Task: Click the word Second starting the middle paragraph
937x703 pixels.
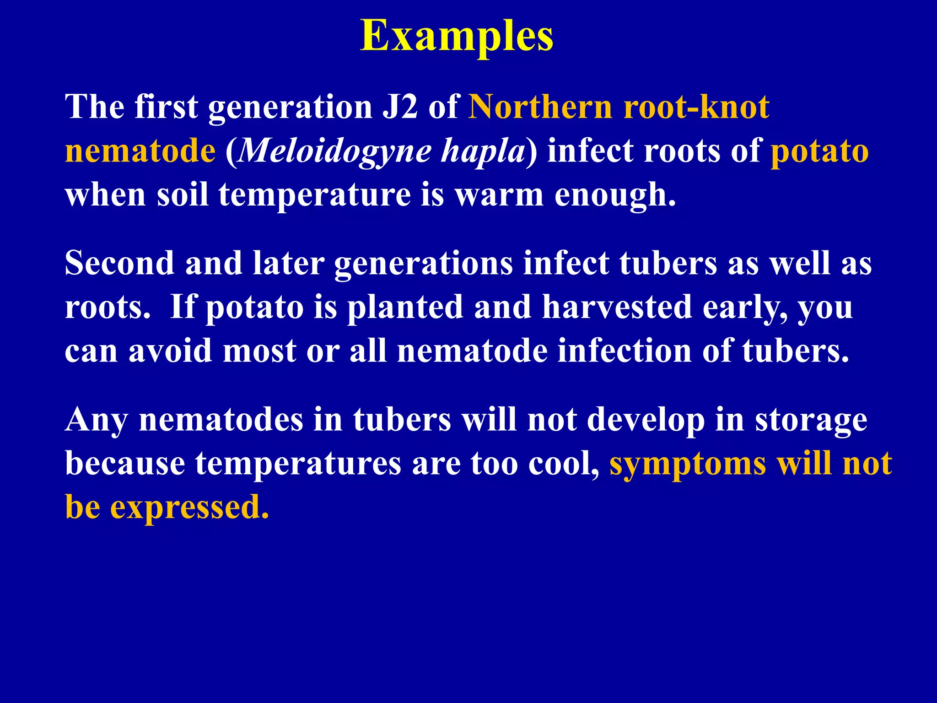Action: coord(119,264)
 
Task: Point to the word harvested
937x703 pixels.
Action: coord(617,308)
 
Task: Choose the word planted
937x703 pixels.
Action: coord(405,308)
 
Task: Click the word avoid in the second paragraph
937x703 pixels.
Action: coord(170,351)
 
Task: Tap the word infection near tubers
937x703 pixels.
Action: coord(625,351)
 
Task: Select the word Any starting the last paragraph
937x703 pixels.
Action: coord(96,420)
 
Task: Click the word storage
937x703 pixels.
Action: coord(811,420)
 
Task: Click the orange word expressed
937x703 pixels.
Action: coord(189,508)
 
